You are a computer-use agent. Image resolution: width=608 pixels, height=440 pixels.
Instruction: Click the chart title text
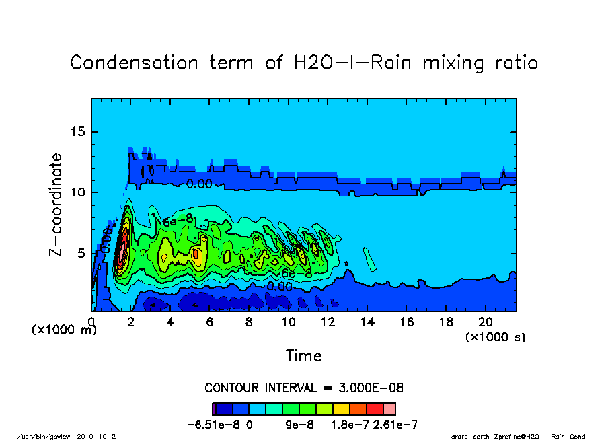click(304, 63)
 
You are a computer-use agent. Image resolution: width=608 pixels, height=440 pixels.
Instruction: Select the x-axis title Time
click(303, 355)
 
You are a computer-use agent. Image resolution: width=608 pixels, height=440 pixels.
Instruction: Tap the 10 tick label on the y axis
click(78, 192)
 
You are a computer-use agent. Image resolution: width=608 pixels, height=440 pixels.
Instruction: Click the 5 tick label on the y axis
click(81, 253)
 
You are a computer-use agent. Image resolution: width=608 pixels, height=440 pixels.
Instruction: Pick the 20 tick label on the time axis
click(486, 322)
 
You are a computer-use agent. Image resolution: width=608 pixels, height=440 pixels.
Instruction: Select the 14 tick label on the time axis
click(367, 322)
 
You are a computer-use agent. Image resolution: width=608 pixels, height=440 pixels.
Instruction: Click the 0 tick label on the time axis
click(92, 322)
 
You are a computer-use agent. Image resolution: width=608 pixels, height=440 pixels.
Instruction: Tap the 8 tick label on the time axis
click(250, 322)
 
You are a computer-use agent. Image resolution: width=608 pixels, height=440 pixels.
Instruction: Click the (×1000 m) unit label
click(65, 330)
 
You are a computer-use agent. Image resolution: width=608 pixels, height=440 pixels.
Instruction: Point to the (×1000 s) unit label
click(496, 336)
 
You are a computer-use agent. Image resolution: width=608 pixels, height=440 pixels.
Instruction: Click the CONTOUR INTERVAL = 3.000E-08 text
click(303, 388)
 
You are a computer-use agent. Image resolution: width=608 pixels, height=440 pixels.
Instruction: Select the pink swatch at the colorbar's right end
click(389, 408)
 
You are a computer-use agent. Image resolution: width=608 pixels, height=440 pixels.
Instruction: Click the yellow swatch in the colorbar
click(341, 408)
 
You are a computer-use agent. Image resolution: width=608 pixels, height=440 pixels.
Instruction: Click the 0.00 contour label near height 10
click(199, 184)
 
